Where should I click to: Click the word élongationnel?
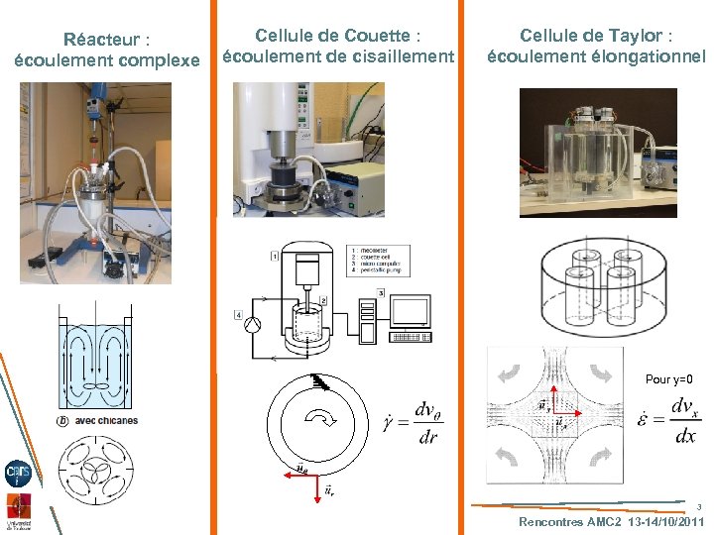coord(647,56)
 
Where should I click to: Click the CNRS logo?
coord(18,473)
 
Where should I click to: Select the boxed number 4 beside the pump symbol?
coord(239,315)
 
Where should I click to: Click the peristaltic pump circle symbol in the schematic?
coord(253,325)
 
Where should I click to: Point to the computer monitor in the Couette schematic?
coord(409,312)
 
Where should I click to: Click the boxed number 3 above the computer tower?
coord(381,292)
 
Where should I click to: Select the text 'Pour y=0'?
coord(668,379)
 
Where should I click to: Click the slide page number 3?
coord(698,506)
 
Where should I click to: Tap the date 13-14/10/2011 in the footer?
coord(663,521)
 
